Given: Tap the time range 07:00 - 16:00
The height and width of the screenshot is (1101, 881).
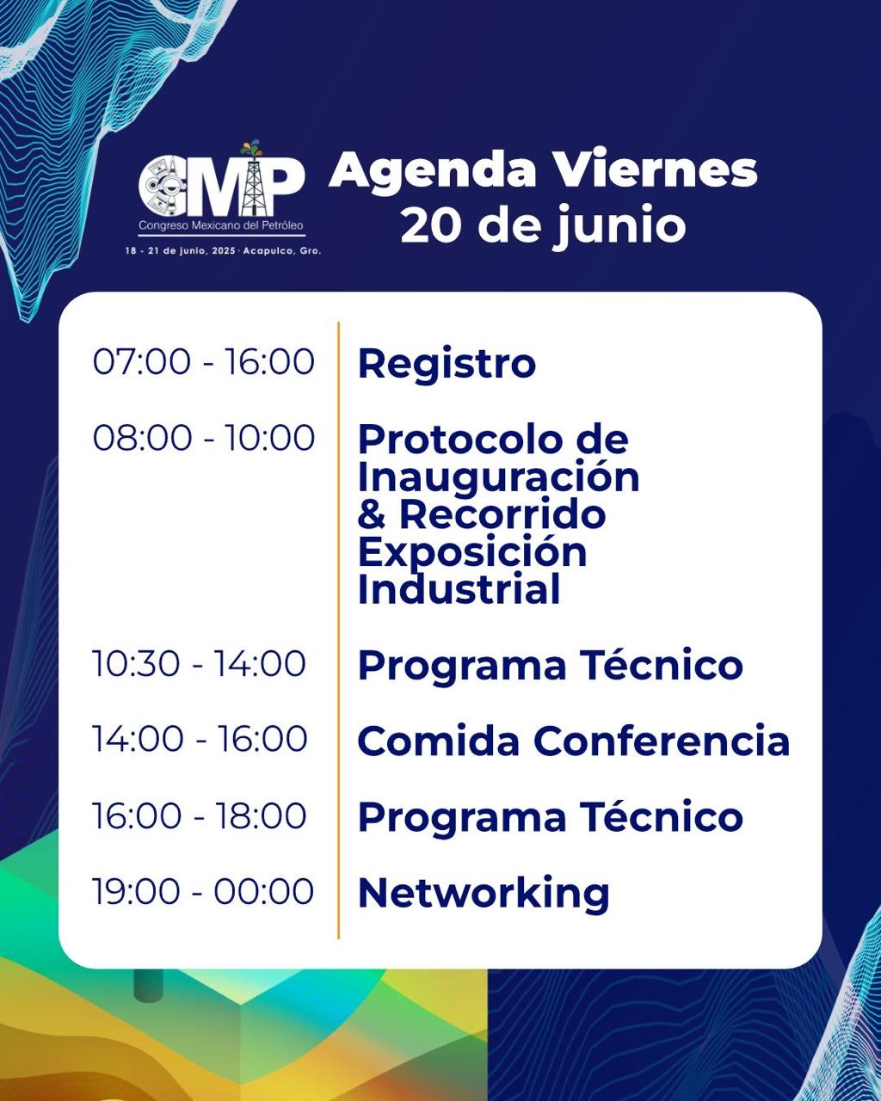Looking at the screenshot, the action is click(203, 362).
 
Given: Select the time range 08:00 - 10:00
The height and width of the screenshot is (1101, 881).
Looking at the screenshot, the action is click(203, 438).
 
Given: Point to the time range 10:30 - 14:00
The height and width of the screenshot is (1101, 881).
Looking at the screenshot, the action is click(199, 663).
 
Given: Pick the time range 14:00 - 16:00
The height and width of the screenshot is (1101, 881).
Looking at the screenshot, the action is click(200, 739).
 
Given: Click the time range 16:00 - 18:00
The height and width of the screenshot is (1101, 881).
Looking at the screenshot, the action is click(200, 815).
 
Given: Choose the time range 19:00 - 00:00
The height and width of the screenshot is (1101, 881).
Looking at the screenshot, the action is click(203, 891).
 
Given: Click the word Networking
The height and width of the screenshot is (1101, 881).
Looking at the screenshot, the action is click(484, 894).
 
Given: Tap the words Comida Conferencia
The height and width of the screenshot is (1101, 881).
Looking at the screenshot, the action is click(574, 741).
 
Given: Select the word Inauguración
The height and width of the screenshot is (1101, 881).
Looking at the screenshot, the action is click(499, 478).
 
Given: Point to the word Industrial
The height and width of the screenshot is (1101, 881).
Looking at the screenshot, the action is click(459, 589).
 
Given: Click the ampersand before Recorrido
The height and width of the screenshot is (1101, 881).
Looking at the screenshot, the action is click(372, 514).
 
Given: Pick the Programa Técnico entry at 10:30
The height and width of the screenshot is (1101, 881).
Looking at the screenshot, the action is click(551, 665).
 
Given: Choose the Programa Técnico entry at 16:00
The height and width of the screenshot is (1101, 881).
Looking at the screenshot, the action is click(551, 816).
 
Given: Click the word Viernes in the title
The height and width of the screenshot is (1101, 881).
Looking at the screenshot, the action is click(656, 171).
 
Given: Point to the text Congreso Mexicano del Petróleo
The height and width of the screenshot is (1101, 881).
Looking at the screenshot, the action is click(221, 225).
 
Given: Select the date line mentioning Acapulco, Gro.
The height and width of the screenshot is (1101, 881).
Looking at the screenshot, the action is click(223, 250).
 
